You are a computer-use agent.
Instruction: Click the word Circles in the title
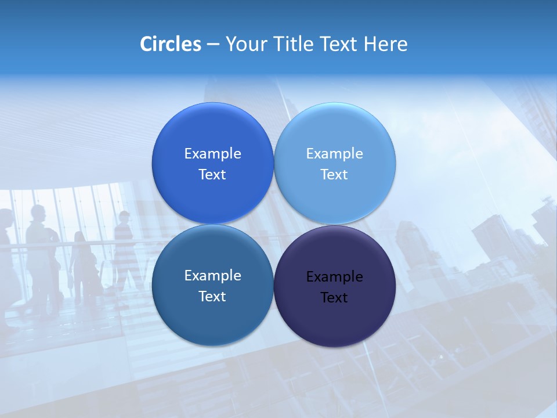[x=170, y=44]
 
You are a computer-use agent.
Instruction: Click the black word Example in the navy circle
[x=335, y=277]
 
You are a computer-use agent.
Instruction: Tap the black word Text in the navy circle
[x=334, y=298]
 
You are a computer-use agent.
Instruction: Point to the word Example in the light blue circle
[x=335, y=154]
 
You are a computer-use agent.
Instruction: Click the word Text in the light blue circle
[x=334, y=175]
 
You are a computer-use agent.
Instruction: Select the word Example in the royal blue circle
[x=213, y=154]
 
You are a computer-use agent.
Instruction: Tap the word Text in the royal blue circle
[x=212, y=175]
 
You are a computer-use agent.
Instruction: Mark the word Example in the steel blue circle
[x=213, y=276]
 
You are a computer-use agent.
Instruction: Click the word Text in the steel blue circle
[x=212, y=297]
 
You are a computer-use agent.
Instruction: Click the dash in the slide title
[x=213, y=45]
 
